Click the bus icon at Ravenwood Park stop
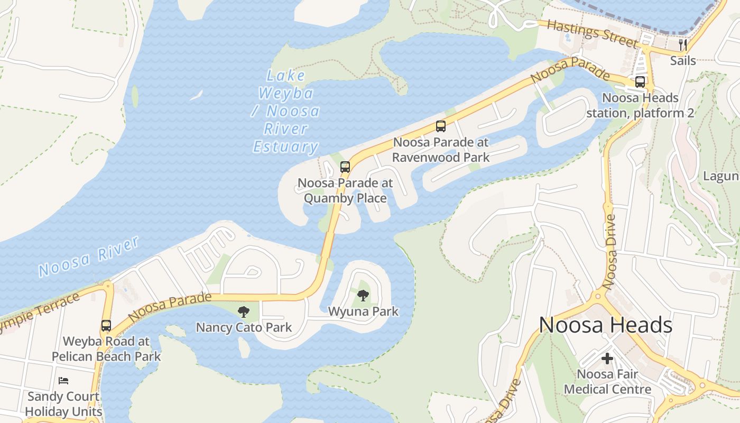pyautogui.click(x=441, y=126)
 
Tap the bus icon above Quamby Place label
pyautogui.click(x=345, y=167)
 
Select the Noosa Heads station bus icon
pyautogui.click(x=640, y=82)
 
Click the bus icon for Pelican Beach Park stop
pyautogui.click(x=106, y=325)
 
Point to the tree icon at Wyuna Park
pyautogui.click(x=363, y=296)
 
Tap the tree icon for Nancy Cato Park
pyautogui.click(x=243, y=311)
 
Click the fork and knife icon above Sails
pyautogui.click(x=683, y=44)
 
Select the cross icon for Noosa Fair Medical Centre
pyautogui.click(x=607, y=358)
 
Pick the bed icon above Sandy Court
pyautogui.click(x=63, y=380)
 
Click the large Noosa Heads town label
pyautogui.click(x=606, y=325)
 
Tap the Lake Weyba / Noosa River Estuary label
pyautogui.click(x=286, y=112)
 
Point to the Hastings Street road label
pyautogui.click(x=591, y=33)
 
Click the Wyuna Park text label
pyautogui.click(x=363, y=311)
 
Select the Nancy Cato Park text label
pyautogui.click(x=244, y=327)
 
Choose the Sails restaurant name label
pyautogui.click(x=683, y=60)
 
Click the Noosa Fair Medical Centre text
pyautogui.click(x=607, y=382)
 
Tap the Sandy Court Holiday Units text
pyautogui.click(x=63, y=403)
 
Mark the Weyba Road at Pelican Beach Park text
pyautogui.click(x=106, y=348)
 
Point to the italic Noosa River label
pyautogui.click(x=89, y=257)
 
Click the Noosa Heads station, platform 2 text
pyautogui.click(x=640, y=105)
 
